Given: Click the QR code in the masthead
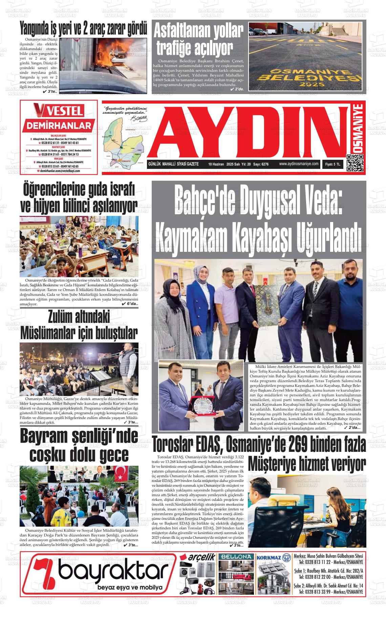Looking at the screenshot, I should (355, 163).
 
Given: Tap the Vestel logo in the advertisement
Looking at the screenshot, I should (58, 111).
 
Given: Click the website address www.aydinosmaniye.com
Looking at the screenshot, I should (299, 164).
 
